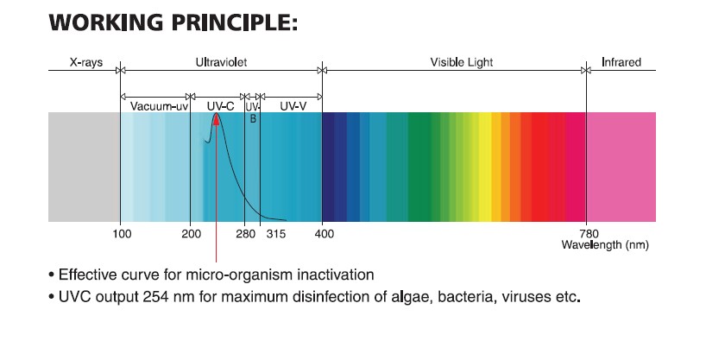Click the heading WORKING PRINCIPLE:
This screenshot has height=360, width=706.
click(173, 22)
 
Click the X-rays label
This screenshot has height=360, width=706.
click(85, 63)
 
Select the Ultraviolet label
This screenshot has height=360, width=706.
click(222, 63)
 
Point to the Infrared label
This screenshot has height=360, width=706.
click(621, 63)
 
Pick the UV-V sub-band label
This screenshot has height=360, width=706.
click(291, 106)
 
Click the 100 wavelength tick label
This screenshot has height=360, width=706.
click(122, 233)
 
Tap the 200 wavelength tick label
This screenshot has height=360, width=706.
click(191, 233)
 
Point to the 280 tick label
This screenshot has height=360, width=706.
click(245, 233)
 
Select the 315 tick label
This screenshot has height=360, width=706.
click(276, 233)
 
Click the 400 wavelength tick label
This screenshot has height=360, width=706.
click(324, 233)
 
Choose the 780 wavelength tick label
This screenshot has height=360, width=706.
click(588, 233)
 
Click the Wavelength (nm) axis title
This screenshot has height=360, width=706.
click(604, 244)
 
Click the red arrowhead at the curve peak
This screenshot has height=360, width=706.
click(216, 120)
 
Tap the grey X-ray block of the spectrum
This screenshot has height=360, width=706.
click(84, 166)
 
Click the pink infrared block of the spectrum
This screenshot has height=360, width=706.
click(621, 166)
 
